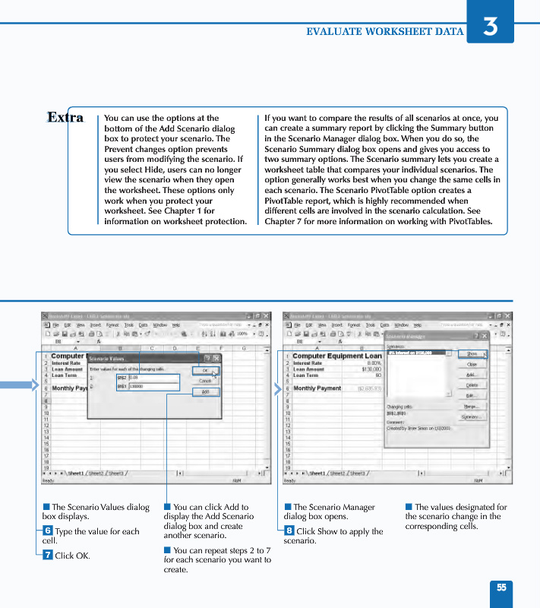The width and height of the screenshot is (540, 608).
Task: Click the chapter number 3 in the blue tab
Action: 491,26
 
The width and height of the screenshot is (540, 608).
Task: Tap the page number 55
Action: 501,587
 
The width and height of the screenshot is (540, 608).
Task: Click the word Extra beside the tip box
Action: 65,118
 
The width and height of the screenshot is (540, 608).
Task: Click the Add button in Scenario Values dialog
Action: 205,392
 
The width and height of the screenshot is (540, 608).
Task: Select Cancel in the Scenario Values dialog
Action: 205,381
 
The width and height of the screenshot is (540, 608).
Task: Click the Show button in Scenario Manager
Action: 472,354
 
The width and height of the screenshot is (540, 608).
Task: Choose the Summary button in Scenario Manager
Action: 472,417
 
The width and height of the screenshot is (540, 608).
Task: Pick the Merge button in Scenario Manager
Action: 472,407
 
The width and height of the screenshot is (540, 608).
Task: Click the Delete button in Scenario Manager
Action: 472,385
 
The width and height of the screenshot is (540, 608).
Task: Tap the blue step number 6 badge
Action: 48,530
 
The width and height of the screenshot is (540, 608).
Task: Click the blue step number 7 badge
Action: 48,555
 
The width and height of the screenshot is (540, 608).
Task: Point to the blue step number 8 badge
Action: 289,530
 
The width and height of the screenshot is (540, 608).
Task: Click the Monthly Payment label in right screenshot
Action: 317,388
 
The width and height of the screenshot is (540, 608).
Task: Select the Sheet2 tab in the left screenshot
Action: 96,473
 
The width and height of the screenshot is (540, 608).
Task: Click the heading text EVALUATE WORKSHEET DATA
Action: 384,32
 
